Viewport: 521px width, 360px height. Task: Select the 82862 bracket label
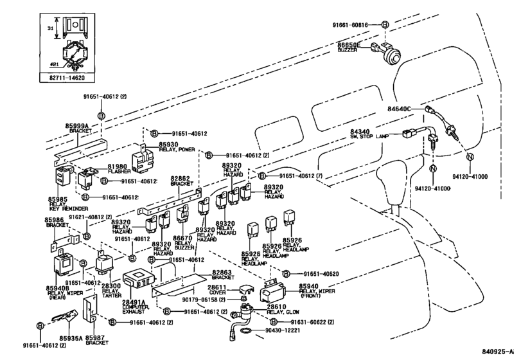182,180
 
